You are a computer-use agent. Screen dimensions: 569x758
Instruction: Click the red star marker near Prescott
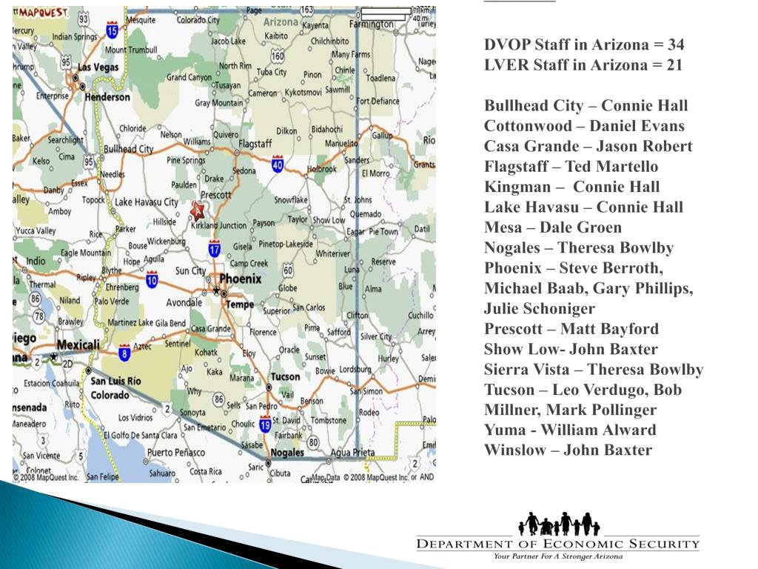198,210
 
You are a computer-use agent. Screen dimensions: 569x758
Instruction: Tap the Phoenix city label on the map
241,279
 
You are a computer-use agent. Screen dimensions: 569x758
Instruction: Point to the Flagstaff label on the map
255,143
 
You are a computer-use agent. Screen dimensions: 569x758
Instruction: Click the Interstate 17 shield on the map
215,250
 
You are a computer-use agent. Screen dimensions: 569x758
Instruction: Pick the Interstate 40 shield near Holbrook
278,163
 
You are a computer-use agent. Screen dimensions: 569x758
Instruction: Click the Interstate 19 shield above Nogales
265,425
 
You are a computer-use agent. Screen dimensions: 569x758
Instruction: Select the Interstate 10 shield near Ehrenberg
152,279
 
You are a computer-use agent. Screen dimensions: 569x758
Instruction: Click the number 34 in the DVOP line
674,45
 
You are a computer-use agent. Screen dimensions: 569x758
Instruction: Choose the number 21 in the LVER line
674,65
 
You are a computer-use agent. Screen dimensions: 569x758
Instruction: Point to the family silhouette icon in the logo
559,524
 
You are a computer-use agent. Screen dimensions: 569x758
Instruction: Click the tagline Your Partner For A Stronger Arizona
558,556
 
